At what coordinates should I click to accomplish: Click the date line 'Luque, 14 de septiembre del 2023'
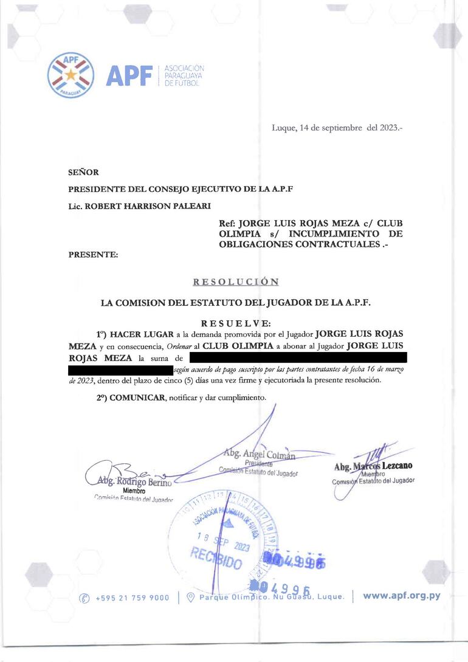point(337,128)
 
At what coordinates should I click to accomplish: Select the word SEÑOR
point(84,173)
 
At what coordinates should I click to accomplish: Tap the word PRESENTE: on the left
point(94,255)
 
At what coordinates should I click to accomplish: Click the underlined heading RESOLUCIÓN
point(236,282)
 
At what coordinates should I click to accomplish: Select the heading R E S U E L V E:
point(236,324)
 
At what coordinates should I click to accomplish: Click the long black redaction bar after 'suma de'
point(298,357)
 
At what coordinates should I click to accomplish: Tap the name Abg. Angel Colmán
point(259,454)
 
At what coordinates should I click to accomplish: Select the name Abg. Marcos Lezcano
point(373,466)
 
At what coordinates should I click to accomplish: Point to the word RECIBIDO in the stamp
point(216,557)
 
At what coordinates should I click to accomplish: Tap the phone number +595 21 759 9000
point(132,598)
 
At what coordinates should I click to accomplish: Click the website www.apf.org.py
point(401,596)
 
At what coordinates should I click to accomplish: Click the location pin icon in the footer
point(190,598)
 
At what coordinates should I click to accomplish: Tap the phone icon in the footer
point(85,598)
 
